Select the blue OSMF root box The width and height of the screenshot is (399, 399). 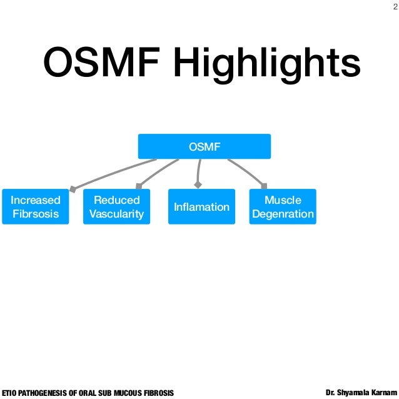204,146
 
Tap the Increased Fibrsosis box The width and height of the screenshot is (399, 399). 36,207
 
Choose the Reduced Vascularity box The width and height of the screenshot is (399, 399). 116,207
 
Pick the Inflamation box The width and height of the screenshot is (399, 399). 201,207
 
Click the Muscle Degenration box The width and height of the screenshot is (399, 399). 283,207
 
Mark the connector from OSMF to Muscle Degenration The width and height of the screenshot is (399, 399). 247,171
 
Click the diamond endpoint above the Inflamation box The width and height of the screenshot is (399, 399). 198,185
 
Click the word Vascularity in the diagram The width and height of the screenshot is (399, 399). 116,214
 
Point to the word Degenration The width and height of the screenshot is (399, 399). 283,214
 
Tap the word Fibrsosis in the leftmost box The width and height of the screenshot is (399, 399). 36,214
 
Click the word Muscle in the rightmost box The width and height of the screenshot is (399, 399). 283,200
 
